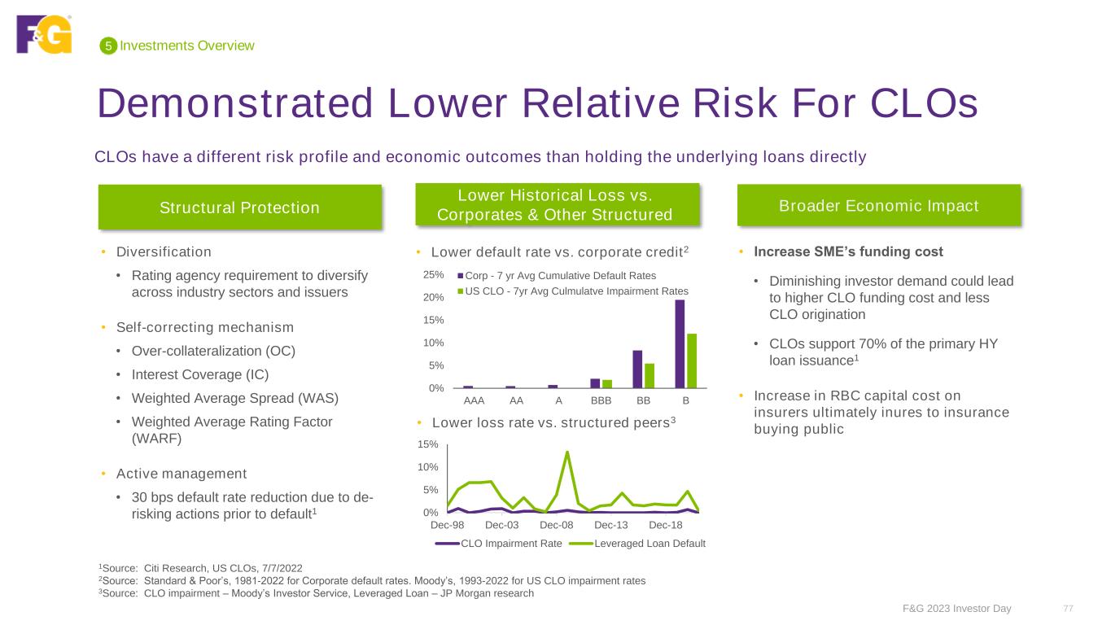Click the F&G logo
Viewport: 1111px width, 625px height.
[44, 34]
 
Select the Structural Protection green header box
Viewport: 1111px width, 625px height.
[239, 208]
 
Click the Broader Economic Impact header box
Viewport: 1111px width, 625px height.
[878, 206]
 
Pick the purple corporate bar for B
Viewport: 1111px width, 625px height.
[680, 344]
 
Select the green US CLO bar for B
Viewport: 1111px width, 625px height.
[692, 361]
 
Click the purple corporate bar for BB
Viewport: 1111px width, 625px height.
[637, 369]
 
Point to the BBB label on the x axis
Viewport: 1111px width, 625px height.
[601, 400]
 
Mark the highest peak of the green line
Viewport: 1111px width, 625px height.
[567, 452]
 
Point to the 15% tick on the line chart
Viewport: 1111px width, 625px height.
[429, 444]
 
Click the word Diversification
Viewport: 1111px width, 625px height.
[164, 251]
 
